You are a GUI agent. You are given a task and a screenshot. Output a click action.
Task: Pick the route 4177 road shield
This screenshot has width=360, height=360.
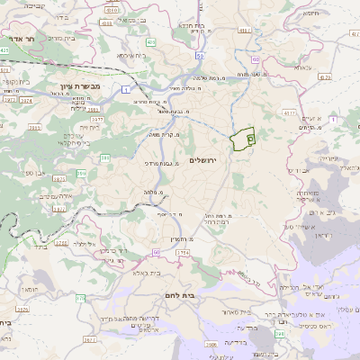(x=289, y=114)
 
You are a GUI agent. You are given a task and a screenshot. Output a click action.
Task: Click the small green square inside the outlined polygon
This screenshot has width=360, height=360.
(x=250, y=139)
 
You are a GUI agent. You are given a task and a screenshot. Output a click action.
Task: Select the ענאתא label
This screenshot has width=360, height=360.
(x=302, y=67)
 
